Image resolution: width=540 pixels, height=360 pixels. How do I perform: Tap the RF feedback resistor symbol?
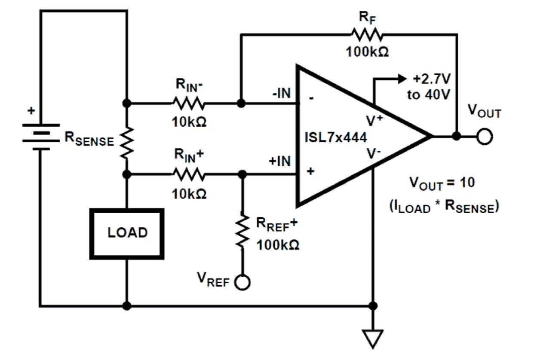tap(366, 34)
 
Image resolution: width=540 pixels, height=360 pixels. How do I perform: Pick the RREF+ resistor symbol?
tap(242, 230)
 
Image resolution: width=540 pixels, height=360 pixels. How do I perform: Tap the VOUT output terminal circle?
tap(485, 137)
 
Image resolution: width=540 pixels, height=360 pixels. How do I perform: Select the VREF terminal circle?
tap(243, 283)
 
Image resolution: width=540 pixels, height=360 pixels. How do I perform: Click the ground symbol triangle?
tap(373, 338)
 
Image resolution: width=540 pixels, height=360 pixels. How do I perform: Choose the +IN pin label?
tap(279, 162)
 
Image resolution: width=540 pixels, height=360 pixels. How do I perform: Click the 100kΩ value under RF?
tap(367, 52)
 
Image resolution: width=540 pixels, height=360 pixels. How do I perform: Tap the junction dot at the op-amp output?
tap(457, 137)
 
